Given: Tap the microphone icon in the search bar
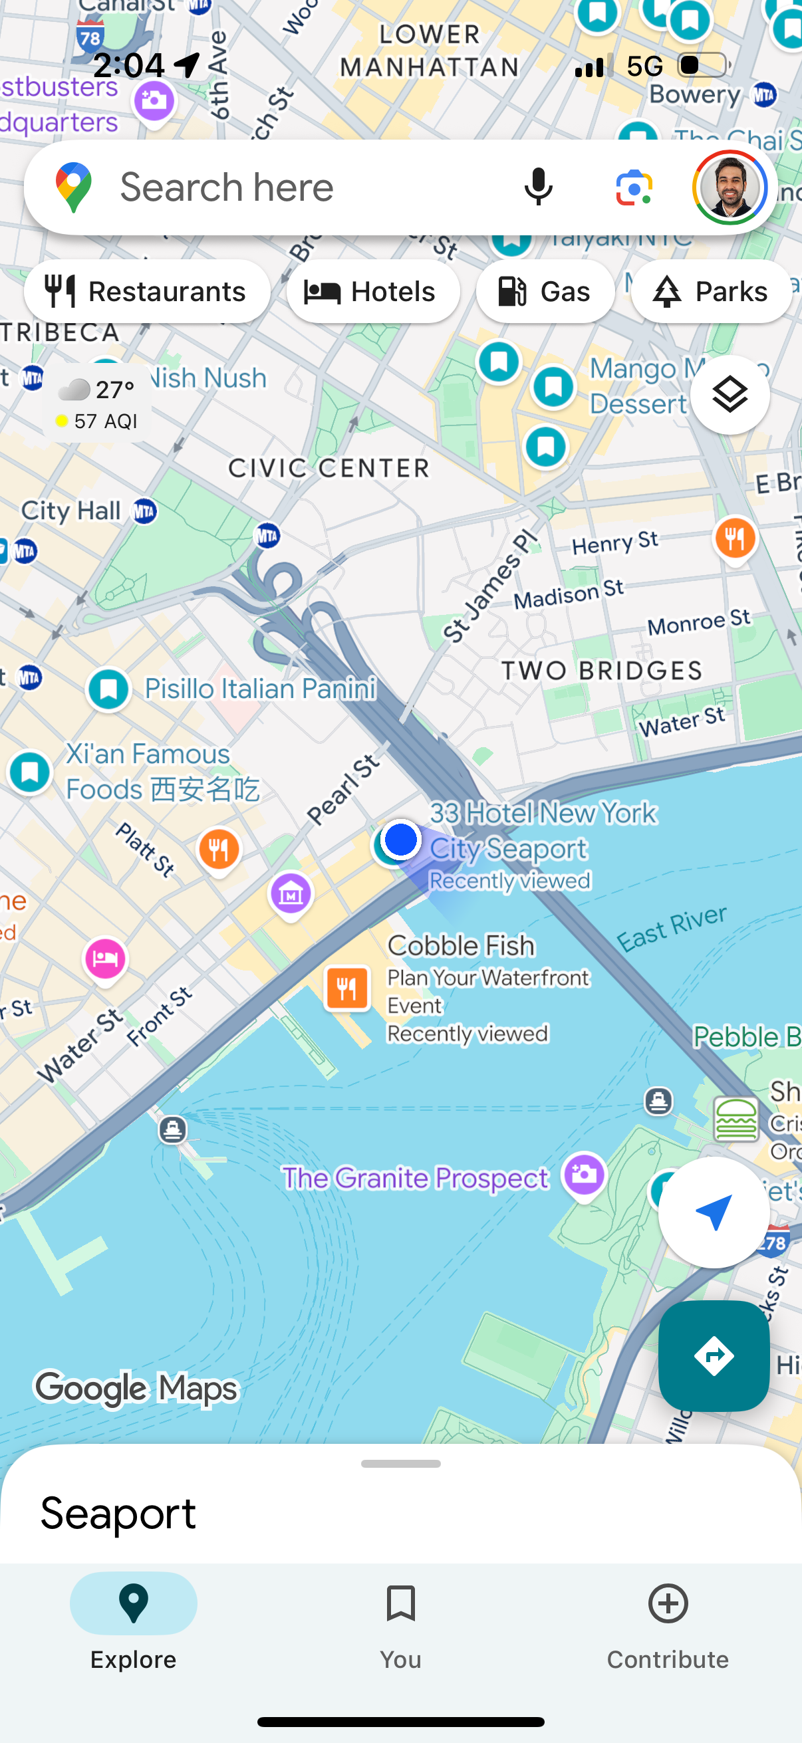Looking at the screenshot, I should [538, 187].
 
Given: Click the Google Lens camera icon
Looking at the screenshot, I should [634, 187].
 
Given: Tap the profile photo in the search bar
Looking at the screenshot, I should [729, 187].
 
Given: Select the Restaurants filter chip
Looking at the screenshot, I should [147, 292].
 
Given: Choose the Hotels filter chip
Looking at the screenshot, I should [373, 292].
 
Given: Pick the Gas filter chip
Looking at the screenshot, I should [545, 292].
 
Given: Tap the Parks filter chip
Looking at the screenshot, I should [712, 292].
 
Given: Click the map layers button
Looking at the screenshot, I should [730, 394].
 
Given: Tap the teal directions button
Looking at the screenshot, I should [714, 1355].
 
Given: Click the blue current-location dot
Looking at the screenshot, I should [400, 839].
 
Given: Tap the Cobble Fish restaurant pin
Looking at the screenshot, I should [346, 988].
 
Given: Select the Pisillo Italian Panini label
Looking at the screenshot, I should [260, 689].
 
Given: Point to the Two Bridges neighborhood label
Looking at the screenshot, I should [601, 671].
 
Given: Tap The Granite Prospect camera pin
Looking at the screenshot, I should [584, 1174].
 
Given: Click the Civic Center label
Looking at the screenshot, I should [329, 468].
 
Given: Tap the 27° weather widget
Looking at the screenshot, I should [98, 404].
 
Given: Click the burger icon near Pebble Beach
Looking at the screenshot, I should [735, 1119].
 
